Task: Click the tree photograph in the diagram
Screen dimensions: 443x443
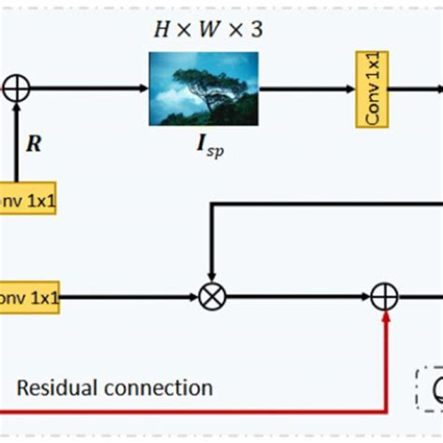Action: (x=203, y=89)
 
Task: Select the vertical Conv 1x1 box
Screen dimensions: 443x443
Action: (x=371, y=90)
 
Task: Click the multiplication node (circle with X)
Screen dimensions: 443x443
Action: (x=212, y=297)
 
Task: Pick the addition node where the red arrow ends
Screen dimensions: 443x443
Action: (x=384, y=297)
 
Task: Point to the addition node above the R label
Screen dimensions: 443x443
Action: (x=17, y=90)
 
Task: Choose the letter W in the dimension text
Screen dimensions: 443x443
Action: (x=207, y=29)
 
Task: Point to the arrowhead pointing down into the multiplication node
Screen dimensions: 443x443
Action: (x=212, y=279)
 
